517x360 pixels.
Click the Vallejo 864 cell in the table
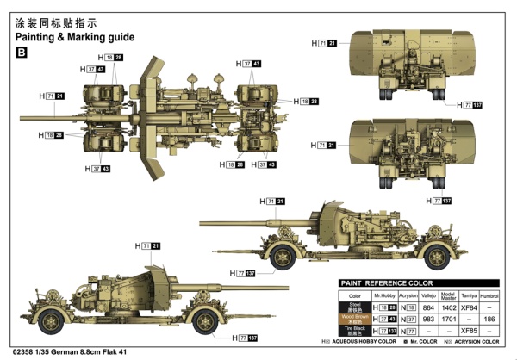(427, 306)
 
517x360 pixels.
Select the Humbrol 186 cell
(489, 318)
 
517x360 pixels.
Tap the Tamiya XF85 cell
(469, 330)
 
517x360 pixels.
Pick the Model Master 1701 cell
(448, 318)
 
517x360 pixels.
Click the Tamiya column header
(469, 294)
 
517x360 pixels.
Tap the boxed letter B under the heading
(22, 53)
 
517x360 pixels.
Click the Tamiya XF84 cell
(469, 306)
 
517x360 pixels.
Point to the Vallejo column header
(427, 294)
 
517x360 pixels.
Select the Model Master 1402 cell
(448, 306)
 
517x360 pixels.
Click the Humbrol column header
(489, 294)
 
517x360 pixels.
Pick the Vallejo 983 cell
(427, 318)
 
